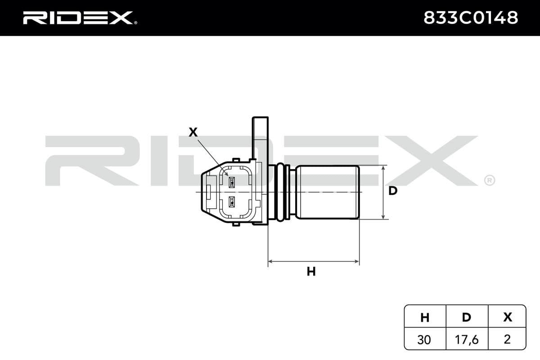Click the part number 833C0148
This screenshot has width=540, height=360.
[x=470, y=18]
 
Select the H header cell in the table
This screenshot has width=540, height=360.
[x=424, y=317]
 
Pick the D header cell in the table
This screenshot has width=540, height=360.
[x=467, y=317]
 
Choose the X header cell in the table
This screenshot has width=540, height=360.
[x=507, y=317]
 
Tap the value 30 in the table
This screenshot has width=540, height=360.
[x=424, y=339]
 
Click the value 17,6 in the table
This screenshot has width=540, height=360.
[x=467, y=339]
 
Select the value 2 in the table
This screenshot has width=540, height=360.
[x=507, y=339]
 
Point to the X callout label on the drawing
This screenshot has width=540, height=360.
[x=193, y=132]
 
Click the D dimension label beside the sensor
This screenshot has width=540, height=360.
[x=393, y=191]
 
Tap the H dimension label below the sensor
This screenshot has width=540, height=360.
[x=311, y=271]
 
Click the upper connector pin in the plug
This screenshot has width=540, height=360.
[x=232, y=182]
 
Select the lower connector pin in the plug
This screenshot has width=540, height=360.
[x=232, y=202]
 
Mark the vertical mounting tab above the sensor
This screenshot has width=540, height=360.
[x=260, y=137]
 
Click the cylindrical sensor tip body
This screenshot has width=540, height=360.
[x=327, y=192]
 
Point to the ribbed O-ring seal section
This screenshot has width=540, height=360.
[x=282, y=192]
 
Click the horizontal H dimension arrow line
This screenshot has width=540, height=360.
[x=313, y=261]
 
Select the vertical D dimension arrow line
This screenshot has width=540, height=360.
[x=383, y=192]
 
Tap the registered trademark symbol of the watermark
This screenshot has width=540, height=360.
[x=489, y=180]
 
